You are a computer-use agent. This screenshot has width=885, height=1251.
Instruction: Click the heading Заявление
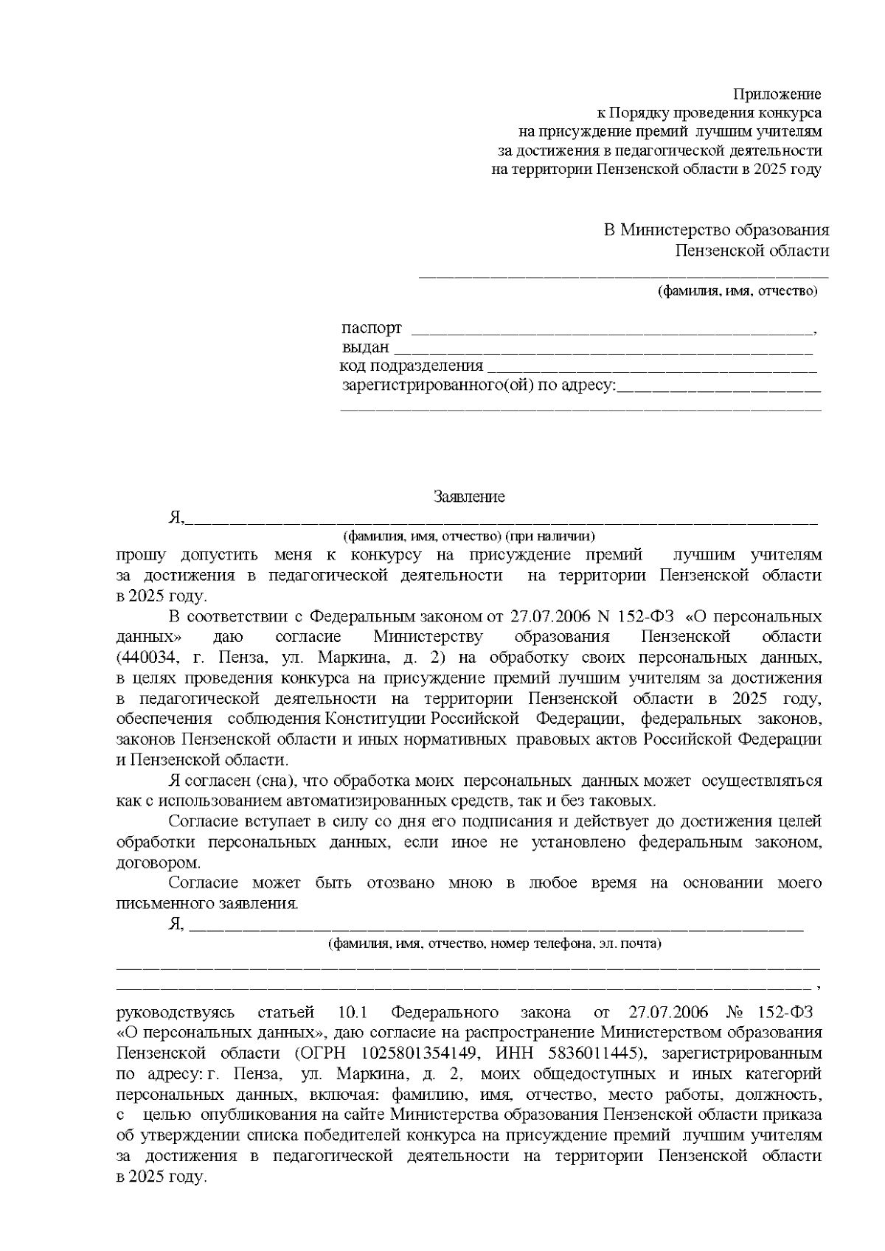469,497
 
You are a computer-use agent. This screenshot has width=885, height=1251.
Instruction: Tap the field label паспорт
372,327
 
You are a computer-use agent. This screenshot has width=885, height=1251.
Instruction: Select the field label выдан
365,347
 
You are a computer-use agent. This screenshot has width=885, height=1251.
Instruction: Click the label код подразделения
412,366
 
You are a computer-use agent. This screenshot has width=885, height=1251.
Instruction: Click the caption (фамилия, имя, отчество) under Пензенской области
737,290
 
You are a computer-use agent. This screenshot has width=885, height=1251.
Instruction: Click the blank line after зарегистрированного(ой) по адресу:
718,386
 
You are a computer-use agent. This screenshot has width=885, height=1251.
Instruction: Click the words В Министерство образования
716,230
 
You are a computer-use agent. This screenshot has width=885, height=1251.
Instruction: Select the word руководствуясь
176,1012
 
